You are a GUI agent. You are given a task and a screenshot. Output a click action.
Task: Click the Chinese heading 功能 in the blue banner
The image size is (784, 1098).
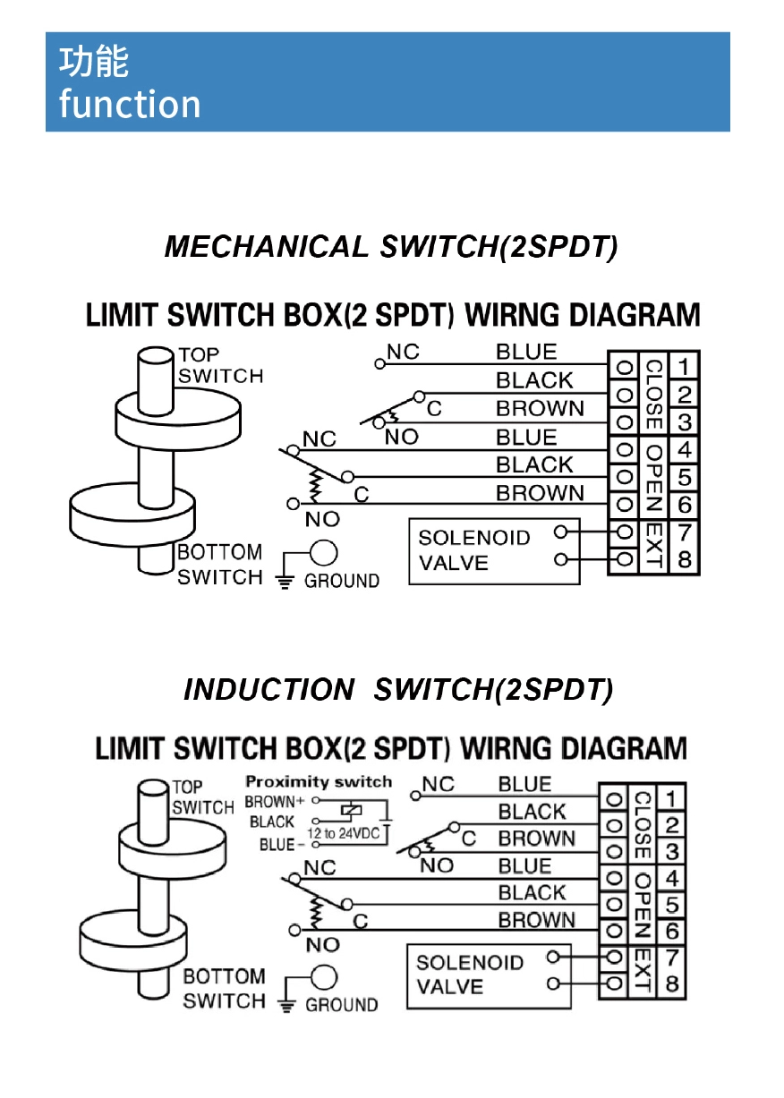point(94,62)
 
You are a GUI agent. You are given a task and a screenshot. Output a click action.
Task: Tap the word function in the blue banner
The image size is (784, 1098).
point(130,105)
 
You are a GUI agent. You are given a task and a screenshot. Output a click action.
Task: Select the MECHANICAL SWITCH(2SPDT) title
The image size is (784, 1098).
point(391,247)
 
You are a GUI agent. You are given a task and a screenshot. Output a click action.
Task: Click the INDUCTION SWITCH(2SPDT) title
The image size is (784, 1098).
point(398,690)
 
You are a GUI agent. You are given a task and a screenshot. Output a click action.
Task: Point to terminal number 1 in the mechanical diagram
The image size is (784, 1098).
point(684,366)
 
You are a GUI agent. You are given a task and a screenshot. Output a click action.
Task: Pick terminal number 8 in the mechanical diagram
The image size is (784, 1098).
point(684,561)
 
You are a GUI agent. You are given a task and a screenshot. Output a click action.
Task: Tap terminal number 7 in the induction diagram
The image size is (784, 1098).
point(671,958)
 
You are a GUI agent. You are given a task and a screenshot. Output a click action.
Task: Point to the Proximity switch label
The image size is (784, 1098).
point(319,782)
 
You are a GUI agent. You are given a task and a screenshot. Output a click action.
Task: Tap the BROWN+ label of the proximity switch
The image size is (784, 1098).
point(270,802)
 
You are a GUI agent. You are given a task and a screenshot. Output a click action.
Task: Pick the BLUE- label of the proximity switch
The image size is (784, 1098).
point(277,845)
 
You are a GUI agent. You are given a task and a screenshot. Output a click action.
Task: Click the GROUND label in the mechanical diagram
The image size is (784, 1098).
point(342,581)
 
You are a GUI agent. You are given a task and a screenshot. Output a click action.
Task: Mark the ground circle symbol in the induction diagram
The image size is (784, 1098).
point(324,979)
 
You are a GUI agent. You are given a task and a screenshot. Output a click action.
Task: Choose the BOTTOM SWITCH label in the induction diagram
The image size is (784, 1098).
point(224,989)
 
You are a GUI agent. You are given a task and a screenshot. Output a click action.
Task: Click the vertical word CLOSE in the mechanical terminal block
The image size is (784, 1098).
point(653,394)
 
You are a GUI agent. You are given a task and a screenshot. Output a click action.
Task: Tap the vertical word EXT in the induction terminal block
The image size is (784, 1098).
point(641,971)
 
